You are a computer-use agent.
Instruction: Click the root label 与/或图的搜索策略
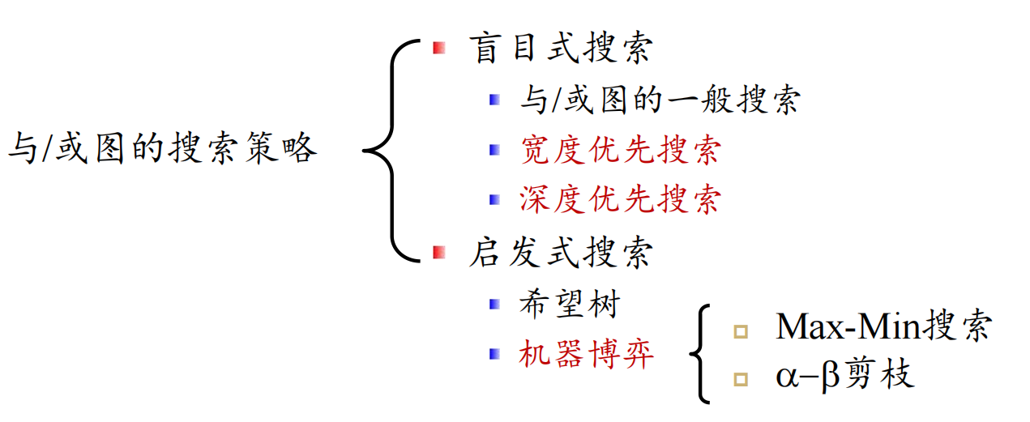pyautogui.click(x=162, y=149)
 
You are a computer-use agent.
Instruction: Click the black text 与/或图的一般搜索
pyautogui.click(x=660, y=100)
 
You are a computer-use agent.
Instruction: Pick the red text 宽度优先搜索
pyautogui.click(x=620, y=150)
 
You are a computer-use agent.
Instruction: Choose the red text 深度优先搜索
pyautogui.click(x=620, y=199)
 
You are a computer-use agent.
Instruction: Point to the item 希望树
pyautogui.click(x=570, y=304)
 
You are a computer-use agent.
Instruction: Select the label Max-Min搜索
pyautogui.click(x=884, y=326)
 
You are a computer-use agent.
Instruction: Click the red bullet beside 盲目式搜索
pyautogui.click(x=439, y=49)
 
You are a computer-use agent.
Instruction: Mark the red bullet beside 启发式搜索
pyautogui.click(x=439, y=253)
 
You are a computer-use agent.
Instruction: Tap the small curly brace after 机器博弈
pyautogui.click(x=699, y=353)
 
